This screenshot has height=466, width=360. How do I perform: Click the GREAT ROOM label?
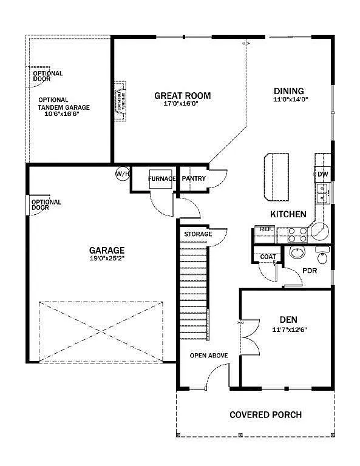tap(182, 95)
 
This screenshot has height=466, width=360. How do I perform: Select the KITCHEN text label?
tap(288, 214)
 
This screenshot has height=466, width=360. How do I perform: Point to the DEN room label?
tap(288, 320)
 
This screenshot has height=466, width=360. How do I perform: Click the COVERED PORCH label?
tap(265, 415)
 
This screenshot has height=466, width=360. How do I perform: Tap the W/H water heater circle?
tap(123, 174)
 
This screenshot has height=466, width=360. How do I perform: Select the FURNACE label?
tap(161, 178)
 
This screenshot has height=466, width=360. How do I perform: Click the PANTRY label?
tap(194, 178)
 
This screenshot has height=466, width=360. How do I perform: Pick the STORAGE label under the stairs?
tap(198, 234)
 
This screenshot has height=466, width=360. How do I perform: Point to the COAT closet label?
tap(268, 257)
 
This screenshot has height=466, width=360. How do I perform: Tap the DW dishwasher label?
tap(323, 174)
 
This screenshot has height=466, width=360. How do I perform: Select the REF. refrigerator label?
tap(265, 229)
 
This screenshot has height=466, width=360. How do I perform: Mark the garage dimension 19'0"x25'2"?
tap(107, 258)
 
